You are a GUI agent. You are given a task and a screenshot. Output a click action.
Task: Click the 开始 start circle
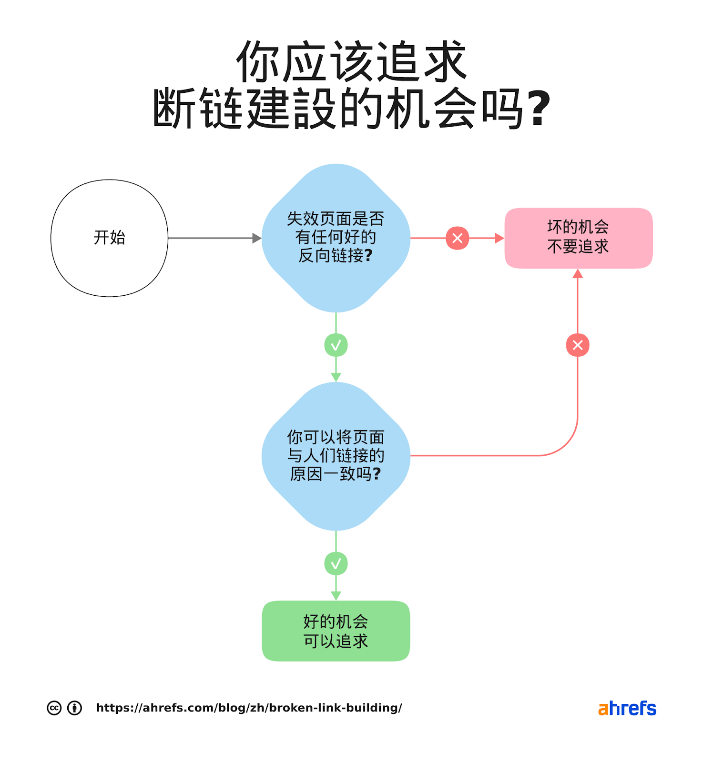pos(109,238)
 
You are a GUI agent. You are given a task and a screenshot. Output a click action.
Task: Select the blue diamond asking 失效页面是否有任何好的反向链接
pos(336,238)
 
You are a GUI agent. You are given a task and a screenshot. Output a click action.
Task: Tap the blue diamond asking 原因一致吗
pos(336,456)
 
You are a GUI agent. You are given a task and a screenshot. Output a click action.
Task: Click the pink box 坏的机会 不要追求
pos(578,238)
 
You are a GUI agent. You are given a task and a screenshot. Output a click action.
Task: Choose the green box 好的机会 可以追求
pos(336,631)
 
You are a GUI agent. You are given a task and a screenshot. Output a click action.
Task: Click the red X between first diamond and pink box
pos(457,238)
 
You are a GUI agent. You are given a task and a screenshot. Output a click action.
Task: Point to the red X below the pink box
pos(578,345)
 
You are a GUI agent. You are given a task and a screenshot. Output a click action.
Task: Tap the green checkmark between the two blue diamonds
pos(336,345)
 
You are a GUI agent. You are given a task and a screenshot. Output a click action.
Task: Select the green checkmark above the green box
pos(336,563)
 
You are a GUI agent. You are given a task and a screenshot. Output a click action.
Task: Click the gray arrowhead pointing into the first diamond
pos(257,238)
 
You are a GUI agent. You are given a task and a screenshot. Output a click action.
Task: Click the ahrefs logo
pos(627,708)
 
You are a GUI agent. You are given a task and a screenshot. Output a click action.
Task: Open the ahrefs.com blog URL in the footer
pos(249,708)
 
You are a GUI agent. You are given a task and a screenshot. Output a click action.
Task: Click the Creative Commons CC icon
pos(54,708)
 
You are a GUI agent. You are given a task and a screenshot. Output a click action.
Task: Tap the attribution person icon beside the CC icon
pos(74,708)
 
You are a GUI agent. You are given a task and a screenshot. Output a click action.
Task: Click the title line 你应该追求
pos(351,62)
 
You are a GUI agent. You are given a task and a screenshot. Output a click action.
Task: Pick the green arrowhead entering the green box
pos(336,596)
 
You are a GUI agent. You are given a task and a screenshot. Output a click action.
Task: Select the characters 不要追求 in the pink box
pos(578,247)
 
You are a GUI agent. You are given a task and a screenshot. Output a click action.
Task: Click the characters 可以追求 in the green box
pos(336,641)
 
